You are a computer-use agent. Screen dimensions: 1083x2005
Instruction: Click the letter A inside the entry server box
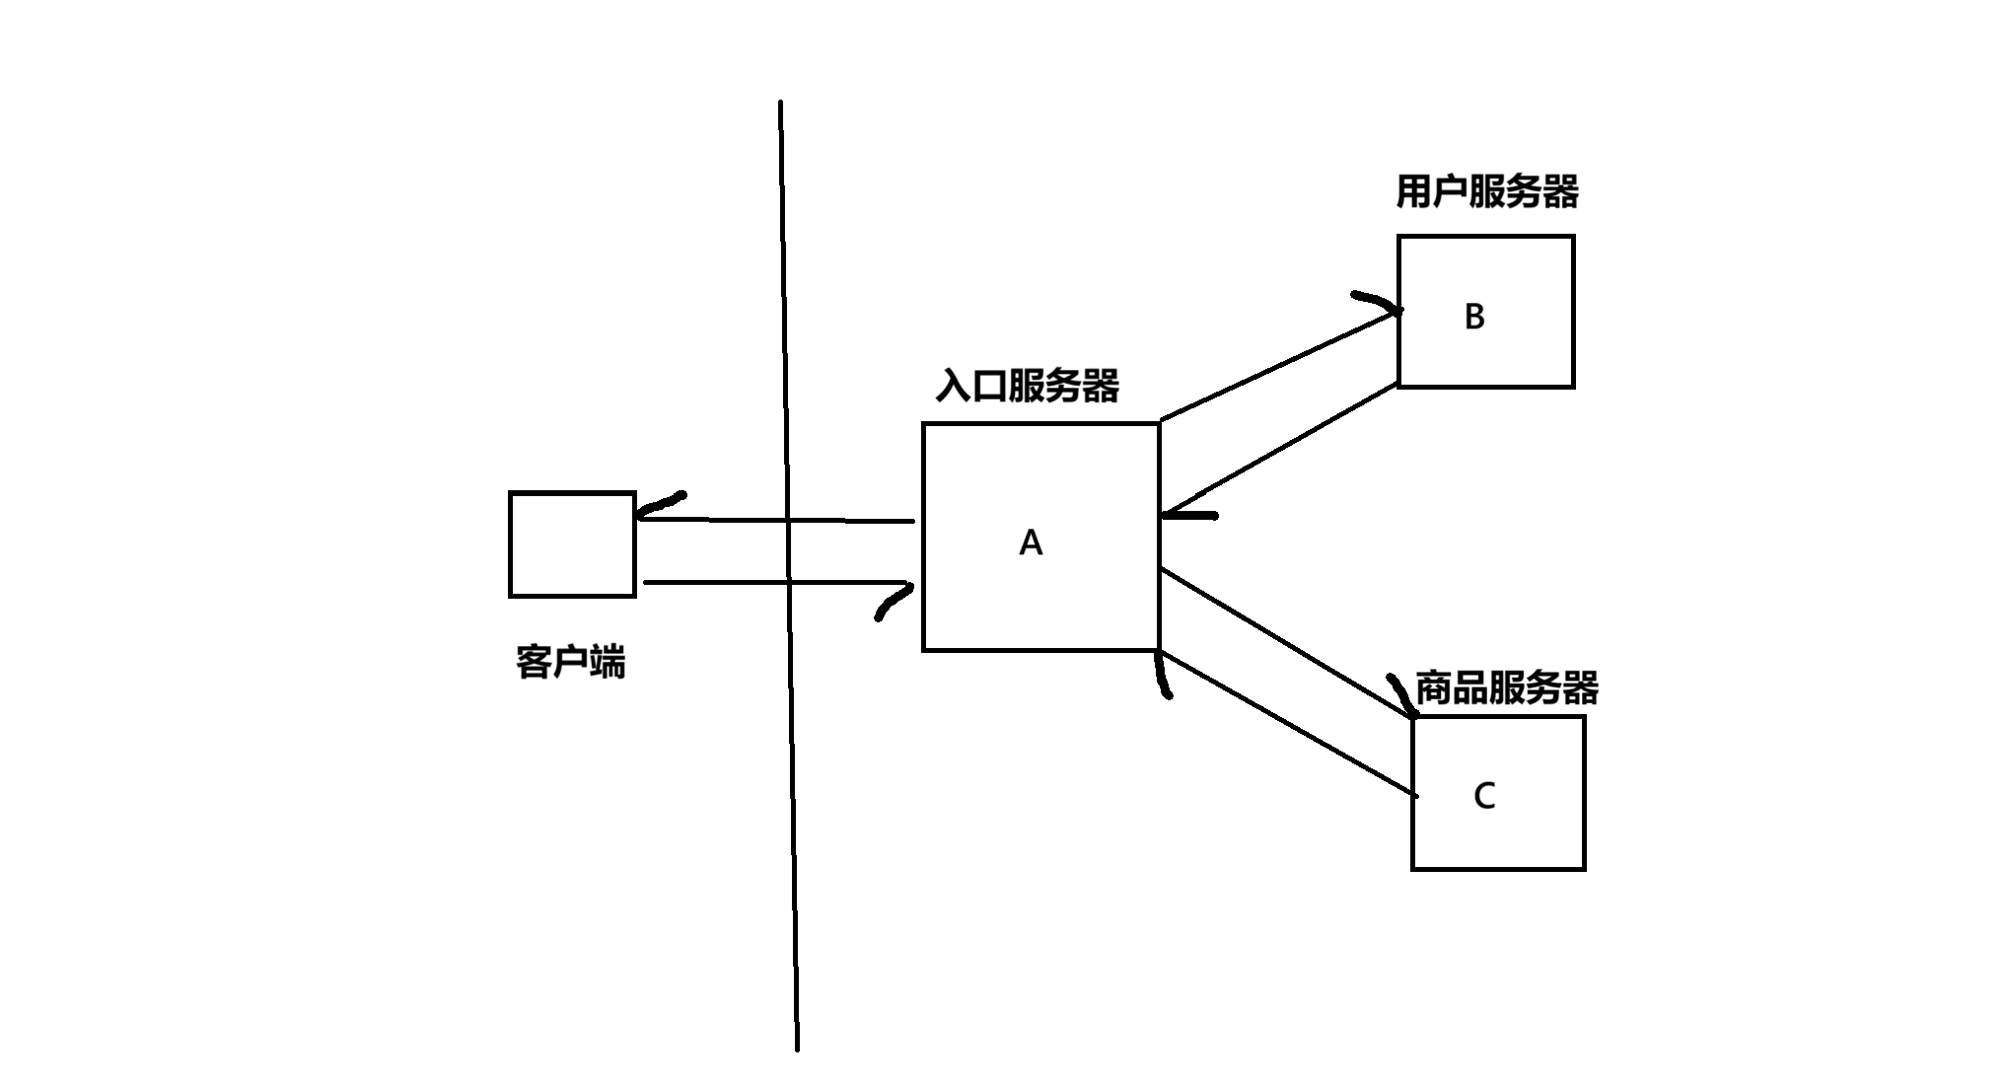1031,542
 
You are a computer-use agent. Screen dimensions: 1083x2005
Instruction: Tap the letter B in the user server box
1474,317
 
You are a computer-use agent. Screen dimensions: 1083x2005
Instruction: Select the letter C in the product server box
1484,795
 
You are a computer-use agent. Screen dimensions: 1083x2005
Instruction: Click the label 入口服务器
1027,386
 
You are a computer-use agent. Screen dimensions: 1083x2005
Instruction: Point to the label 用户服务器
1486,191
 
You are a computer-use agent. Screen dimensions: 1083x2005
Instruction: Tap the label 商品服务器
1506,687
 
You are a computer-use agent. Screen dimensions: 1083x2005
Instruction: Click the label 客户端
570,662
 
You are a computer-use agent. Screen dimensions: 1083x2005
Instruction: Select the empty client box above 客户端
572,544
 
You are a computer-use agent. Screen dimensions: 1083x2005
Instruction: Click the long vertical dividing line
789,572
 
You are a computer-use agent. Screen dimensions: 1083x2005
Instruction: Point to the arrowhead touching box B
1379,302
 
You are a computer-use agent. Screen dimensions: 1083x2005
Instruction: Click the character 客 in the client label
534,662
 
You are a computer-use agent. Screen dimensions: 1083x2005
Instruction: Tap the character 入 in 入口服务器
954,386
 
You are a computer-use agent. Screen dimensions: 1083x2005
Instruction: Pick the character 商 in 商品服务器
1433,687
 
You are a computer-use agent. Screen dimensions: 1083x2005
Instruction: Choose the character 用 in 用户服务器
1413,191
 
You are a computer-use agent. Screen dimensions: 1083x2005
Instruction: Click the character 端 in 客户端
608,662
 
